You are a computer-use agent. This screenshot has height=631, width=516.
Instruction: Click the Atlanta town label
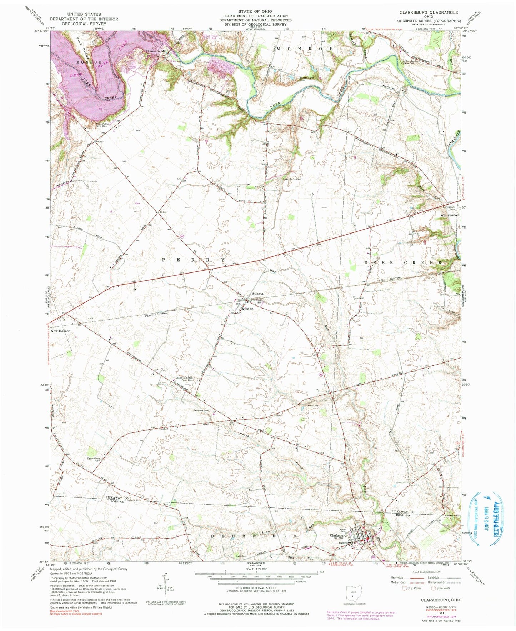[x=257, y=294]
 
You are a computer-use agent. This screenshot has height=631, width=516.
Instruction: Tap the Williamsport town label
[x=449, y=216]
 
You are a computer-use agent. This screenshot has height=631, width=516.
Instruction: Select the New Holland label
[x=60, y=331]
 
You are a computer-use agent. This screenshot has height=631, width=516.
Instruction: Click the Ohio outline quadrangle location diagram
[x=353, y=591]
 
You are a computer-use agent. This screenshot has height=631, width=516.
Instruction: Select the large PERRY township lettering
[x=194, y=260]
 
